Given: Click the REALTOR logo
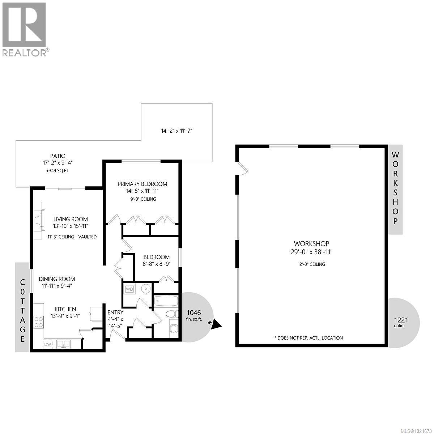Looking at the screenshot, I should [24, 29].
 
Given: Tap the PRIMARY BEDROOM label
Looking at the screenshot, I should [142, 184].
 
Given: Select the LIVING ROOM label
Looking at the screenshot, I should [71, 219].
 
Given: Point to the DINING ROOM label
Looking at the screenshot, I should [57, 279].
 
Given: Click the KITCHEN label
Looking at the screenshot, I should [65, 309].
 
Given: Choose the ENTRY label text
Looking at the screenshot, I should [115, 312].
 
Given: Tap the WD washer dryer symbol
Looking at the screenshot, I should [129, 289].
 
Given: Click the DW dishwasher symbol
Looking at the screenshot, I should [48, 344].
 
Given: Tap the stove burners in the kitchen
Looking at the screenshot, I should [38, 322].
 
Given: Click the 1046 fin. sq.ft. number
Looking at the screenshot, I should [193, 312].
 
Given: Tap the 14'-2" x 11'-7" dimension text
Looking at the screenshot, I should [176, 131].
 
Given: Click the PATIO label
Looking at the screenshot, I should [58, 156].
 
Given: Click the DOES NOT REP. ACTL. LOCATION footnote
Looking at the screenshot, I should [309, 338].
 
